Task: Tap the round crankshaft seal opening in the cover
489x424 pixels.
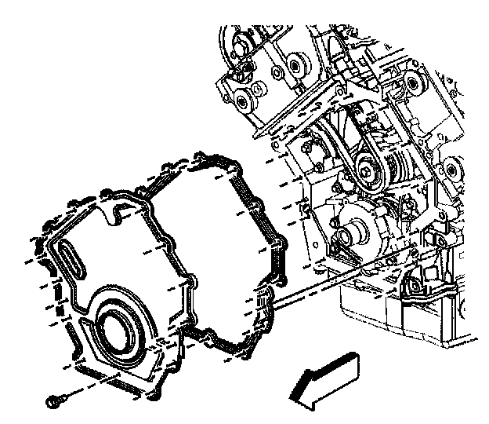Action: [x=117, y=327]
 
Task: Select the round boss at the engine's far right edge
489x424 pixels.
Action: [x=453, y=170]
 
